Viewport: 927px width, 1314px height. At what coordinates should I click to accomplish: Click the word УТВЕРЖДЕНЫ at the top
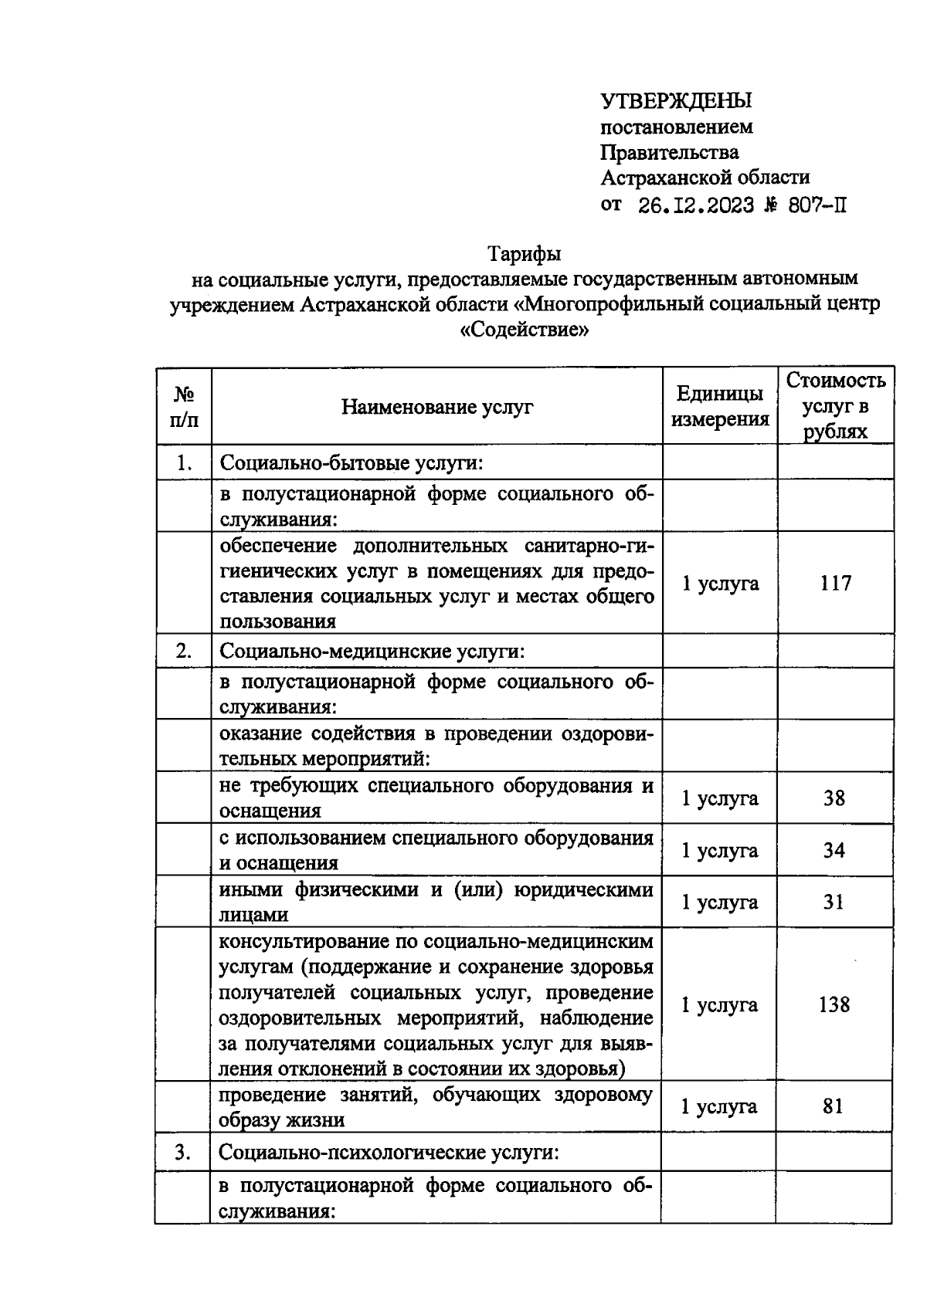pyautogui.click(x=676, y=101)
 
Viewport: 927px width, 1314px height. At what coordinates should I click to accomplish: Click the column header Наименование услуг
pyautogui.click(x=437, y=407)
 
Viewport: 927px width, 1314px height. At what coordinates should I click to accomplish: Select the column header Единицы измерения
pyautogui.click(x=720, y=406)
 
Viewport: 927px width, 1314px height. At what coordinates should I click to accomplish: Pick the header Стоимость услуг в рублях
pyautogui.click(x=835, y=405)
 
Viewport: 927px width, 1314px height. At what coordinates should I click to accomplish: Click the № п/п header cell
pyautogui.click(x=184, y=407)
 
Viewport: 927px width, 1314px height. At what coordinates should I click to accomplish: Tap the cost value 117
pyautogui.click(x=835, y=583)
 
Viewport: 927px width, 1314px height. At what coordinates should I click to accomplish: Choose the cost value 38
pyautogui.click(x=834, y=798)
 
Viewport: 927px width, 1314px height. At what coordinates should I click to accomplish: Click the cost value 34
pyautogui.click(x=834, y=850)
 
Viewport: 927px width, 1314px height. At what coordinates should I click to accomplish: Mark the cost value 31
pyautogui.click(x=834, y=902)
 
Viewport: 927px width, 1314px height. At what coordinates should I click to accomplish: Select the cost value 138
pyautogui.click(x=834, y=1004)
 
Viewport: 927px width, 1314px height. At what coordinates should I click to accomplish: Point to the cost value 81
pyautogui.click(x=833, y=1106)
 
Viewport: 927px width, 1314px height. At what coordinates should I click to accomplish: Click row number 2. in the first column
pyautogui.click(x=184, y=651)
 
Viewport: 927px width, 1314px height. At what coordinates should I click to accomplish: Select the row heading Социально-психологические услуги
pyautogui.click(x=389, y=1152)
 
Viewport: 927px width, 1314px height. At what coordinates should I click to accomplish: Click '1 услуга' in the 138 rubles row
pyautogui.click(x=719, y=1004)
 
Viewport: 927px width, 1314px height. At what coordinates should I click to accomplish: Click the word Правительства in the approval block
pyautogui.click(x=670, y=152)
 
